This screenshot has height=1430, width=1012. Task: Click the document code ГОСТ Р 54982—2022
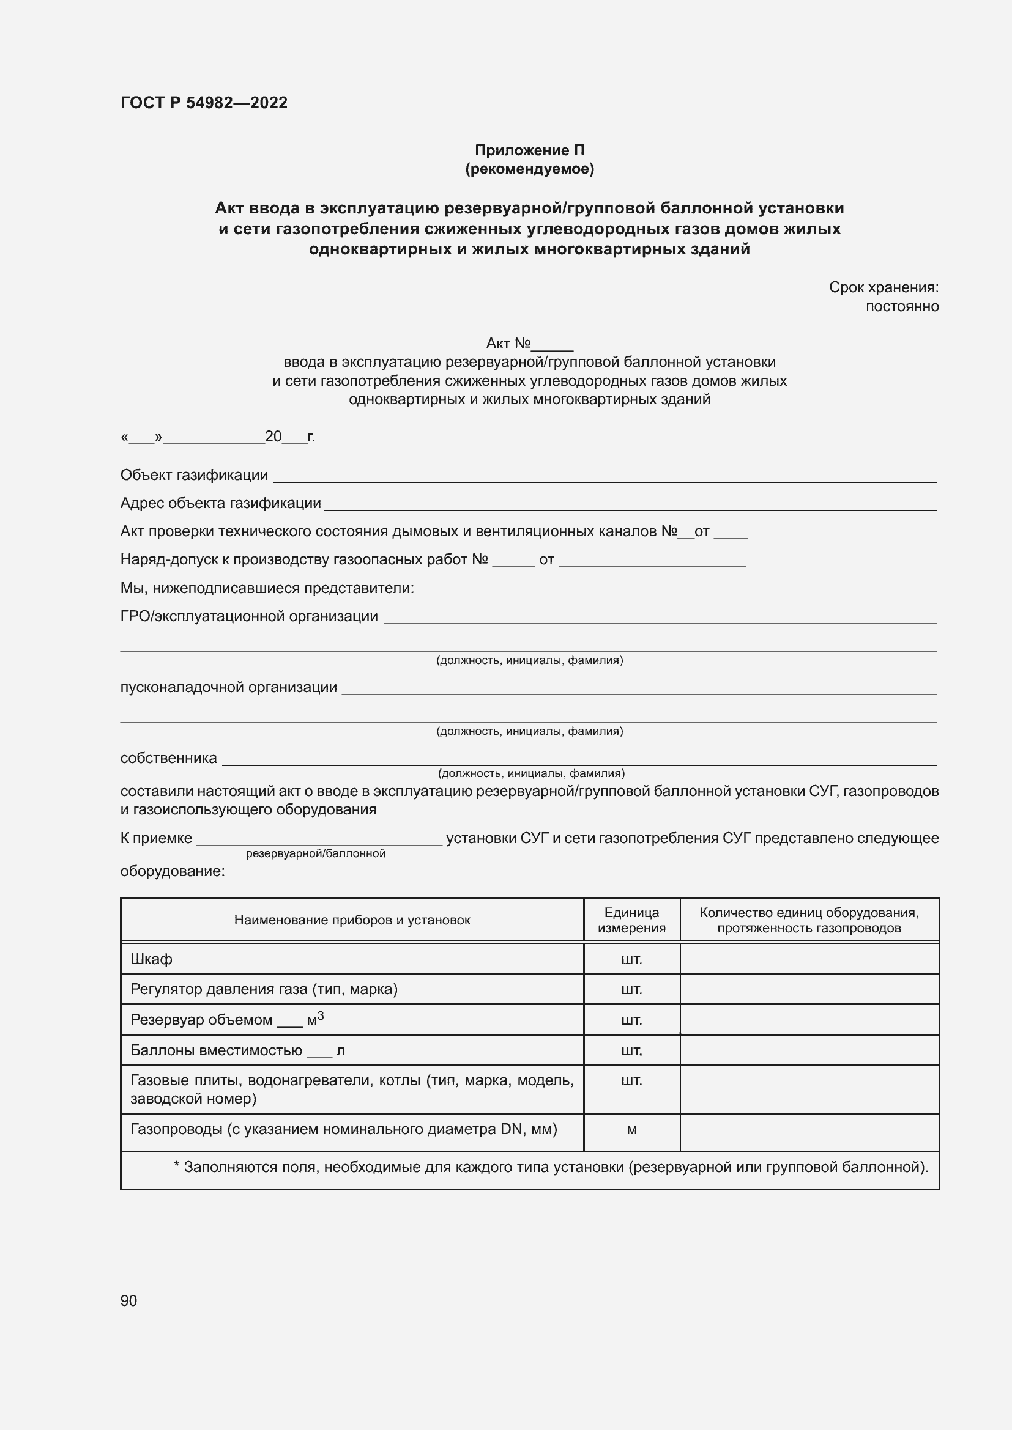tap(204, 103)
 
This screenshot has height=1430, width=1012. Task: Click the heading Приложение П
tap(529, 150)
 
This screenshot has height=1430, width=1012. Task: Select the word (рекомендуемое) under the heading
tap(529, 169)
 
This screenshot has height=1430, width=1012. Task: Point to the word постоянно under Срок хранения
tap(902, 306)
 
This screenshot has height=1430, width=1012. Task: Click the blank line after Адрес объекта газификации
tap(630, 506)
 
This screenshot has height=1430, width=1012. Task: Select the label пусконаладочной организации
tap(228, 687)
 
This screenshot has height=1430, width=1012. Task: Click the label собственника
tap(168, 758)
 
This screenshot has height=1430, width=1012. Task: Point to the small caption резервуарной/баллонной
tap(315, 853)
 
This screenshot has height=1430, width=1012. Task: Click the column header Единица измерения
tap(631, 920)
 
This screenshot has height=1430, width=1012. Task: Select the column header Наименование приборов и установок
tap(352, 920)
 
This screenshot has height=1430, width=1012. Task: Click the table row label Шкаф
tap(151, 959)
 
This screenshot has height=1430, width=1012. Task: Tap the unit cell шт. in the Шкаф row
tap(631, 959)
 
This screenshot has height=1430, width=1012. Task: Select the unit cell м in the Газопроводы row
tap(631, 1129)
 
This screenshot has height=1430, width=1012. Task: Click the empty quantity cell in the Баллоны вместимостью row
tap(809, 1051)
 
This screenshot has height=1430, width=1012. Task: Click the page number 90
tap(128, 1300)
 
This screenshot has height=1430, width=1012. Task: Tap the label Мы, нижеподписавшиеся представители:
tap(267, 588)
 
